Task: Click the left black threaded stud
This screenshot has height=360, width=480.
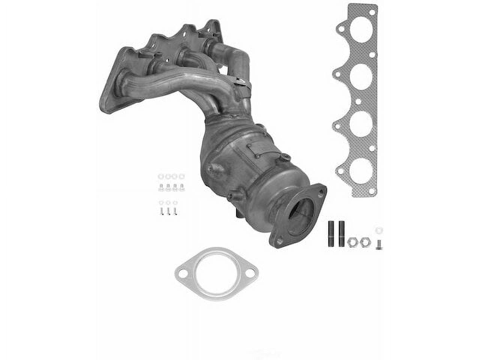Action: click(x=332, y=234)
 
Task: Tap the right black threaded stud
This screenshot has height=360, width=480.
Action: click(x=342, y=234)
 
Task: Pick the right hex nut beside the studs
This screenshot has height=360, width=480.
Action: click(x=363, y=243)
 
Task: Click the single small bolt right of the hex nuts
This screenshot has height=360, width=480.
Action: click(x=379, y=244)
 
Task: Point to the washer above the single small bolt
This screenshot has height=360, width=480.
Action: click(x=379, y=230)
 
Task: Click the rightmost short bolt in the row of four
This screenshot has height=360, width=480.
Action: click(x=182, y=187)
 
